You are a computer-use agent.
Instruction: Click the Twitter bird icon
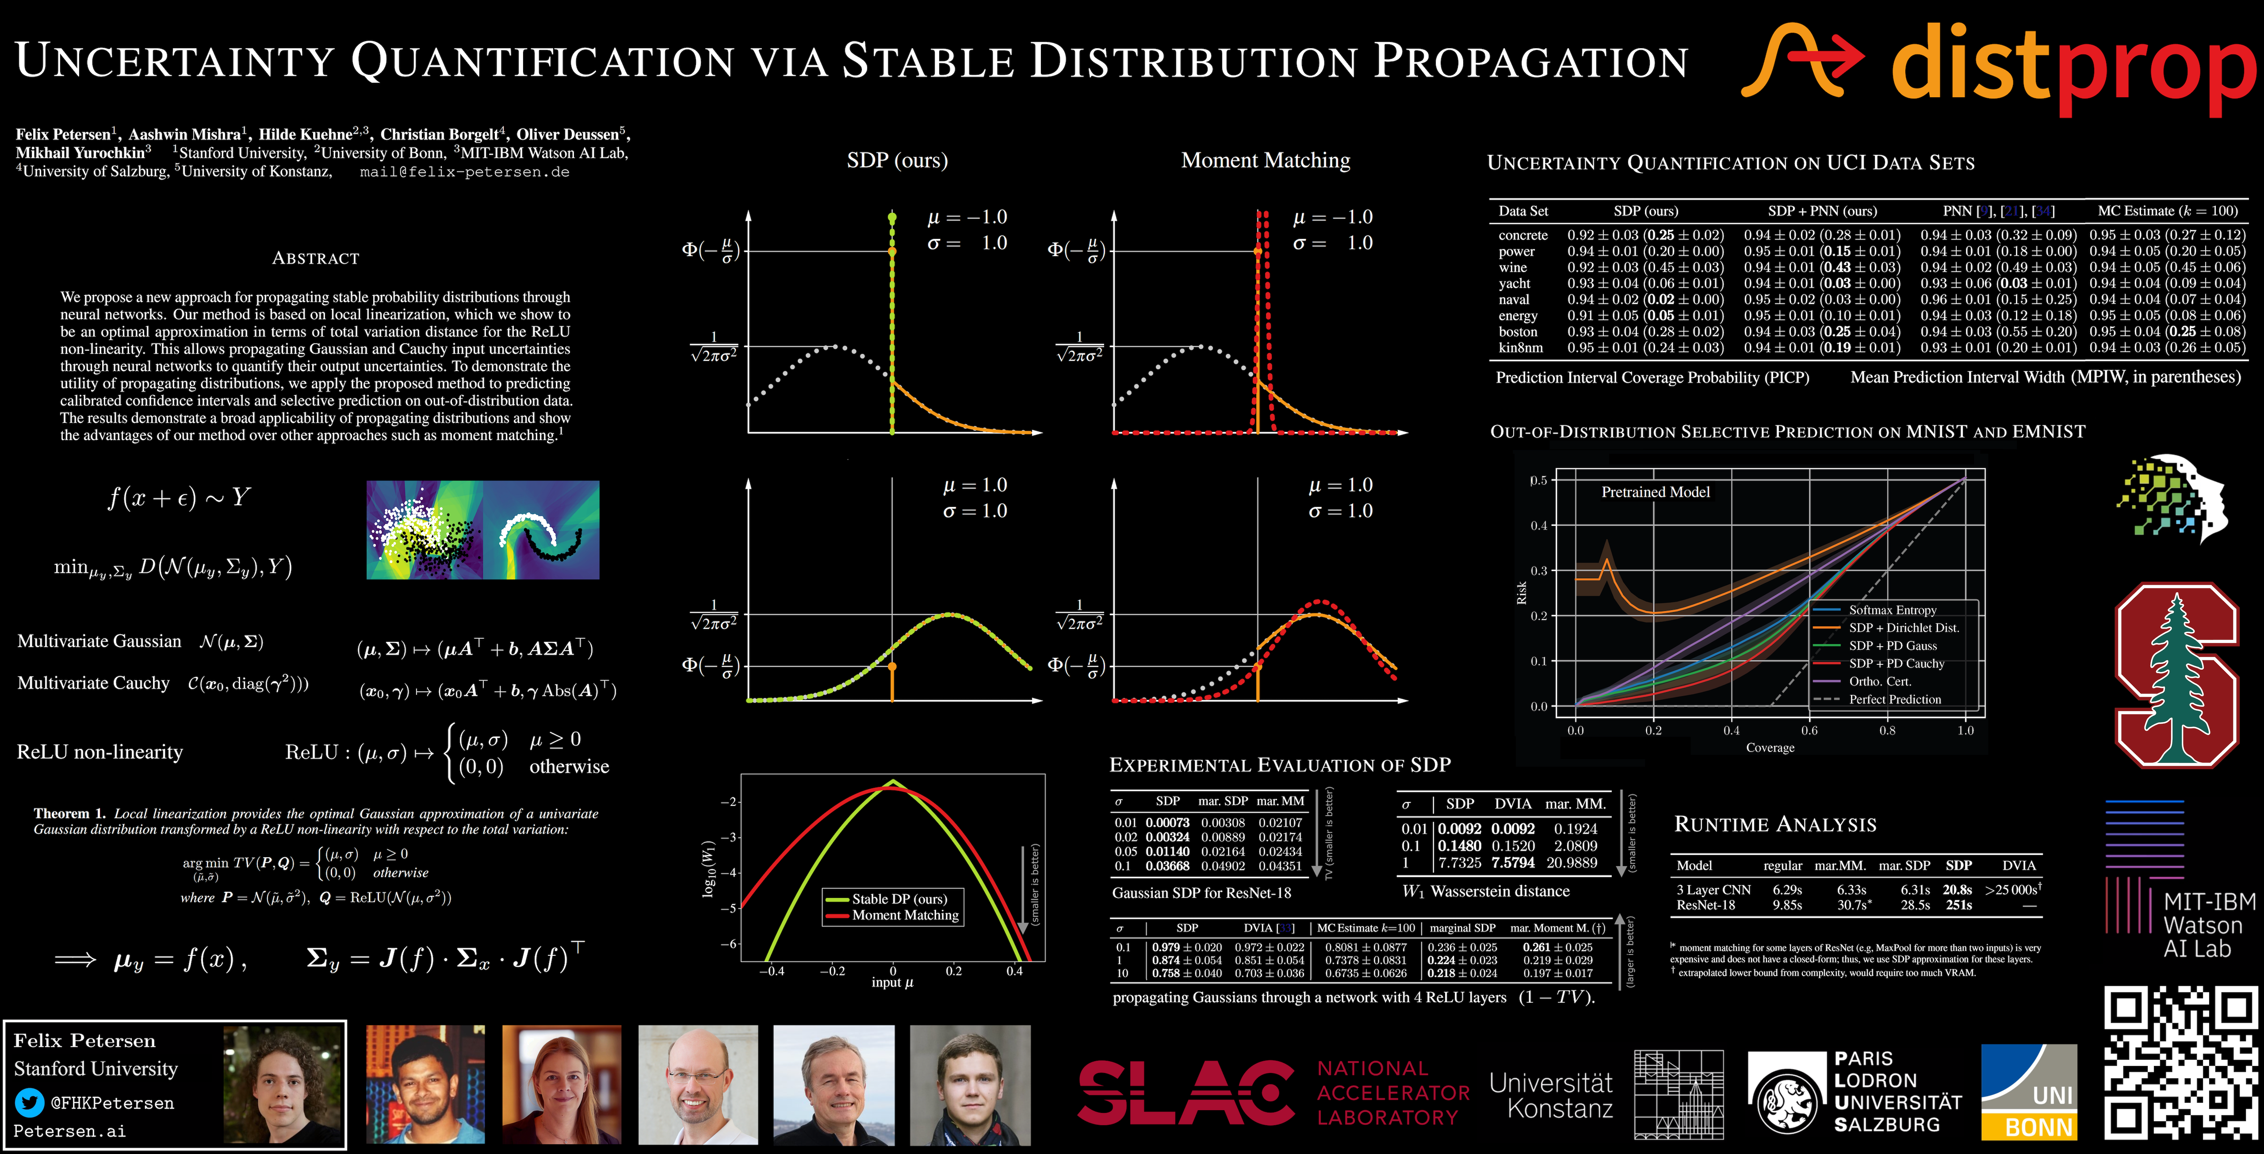pyautogui.click(x=29, y=1102)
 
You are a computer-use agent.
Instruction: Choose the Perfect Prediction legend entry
pyautogui.click(x=1894, y=700)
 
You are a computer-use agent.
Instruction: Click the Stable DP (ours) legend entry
pyautogui.click(x=898, y=899)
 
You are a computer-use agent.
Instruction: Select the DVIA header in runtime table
pyautogui.click(x=2019, y=866)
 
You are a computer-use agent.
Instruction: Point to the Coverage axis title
pyautogui.click(x=1769, y=748)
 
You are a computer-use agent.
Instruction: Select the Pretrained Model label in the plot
pyautogui.click(x=1655, y=492)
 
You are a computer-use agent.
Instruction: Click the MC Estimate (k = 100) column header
pyautogui.click(x=2167, y=211)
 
